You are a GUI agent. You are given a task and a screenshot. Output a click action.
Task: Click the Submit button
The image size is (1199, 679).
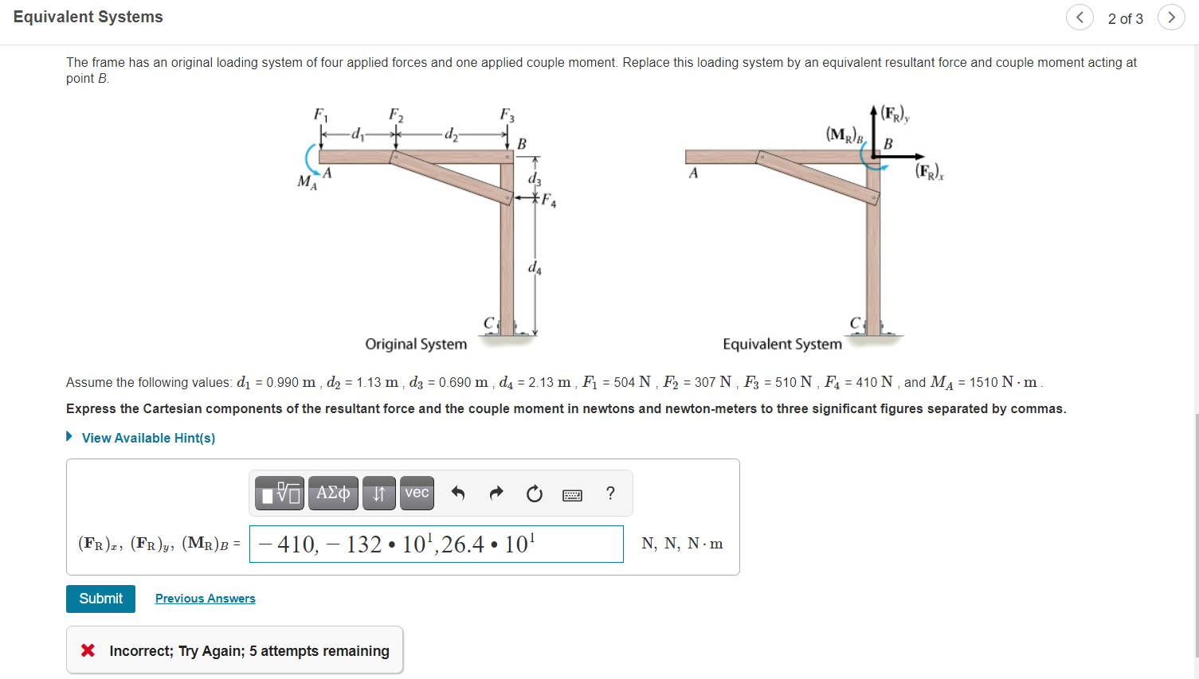click(x=100, y=599)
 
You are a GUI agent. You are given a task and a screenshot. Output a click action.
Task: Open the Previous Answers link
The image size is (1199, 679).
click(x=205, y=599)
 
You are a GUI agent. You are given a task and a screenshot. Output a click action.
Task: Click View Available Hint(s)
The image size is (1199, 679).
click(x=147, y=438)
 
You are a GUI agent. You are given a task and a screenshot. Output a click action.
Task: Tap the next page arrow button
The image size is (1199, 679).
click(x=1170, y=18)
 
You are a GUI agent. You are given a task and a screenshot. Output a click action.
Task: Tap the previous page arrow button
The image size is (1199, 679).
click(x=1079, y=18)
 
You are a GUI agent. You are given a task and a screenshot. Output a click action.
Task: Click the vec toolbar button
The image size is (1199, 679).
click(x=417, y=493)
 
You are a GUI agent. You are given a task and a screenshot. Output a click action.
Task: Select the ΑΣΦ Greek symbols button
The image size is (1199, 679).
click(x=333, y=493)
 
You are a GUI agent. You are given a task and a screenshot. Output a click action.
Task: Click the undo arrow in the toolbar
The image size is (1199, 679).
click(x=458, y=494)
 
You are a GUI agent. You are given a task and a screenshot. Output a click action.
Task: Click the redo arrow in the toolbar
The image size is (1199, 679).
click(x=496, y=494)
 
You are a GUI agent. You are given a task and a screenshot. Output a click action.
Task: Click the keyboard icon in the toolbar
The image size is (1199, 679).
click(x=572, y=495)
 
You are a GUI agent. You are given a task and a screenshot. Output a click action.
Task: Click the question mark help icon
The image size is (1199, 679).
click(x=610, y=494)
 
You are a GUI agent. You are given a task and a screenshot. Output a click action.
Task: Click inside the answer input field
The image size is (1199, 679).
click(x=436, y=544)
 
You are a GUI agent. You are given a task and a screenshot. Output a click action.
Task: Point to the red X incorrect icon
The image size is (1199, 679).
click(x=88, y=650)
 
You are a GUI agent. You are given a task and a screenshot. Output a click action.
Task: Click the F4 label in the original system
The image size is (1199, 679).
click(x=549, y=200)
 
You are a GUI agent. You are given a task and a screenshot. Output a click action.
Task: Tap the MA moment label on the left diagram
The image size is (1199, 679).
click(x=307, y=182)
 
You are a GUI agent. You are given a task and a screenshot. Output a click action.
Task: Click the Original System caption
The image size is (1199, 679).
click(x=416, y=344)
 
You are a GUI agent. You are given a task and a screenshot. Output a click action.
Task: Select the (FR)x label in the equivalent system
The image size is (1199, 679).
click(x=929, y=170)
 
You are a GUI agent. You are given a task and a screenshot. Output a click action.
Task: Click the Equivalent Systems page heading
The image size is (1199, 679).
click(x=88, y=17)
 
